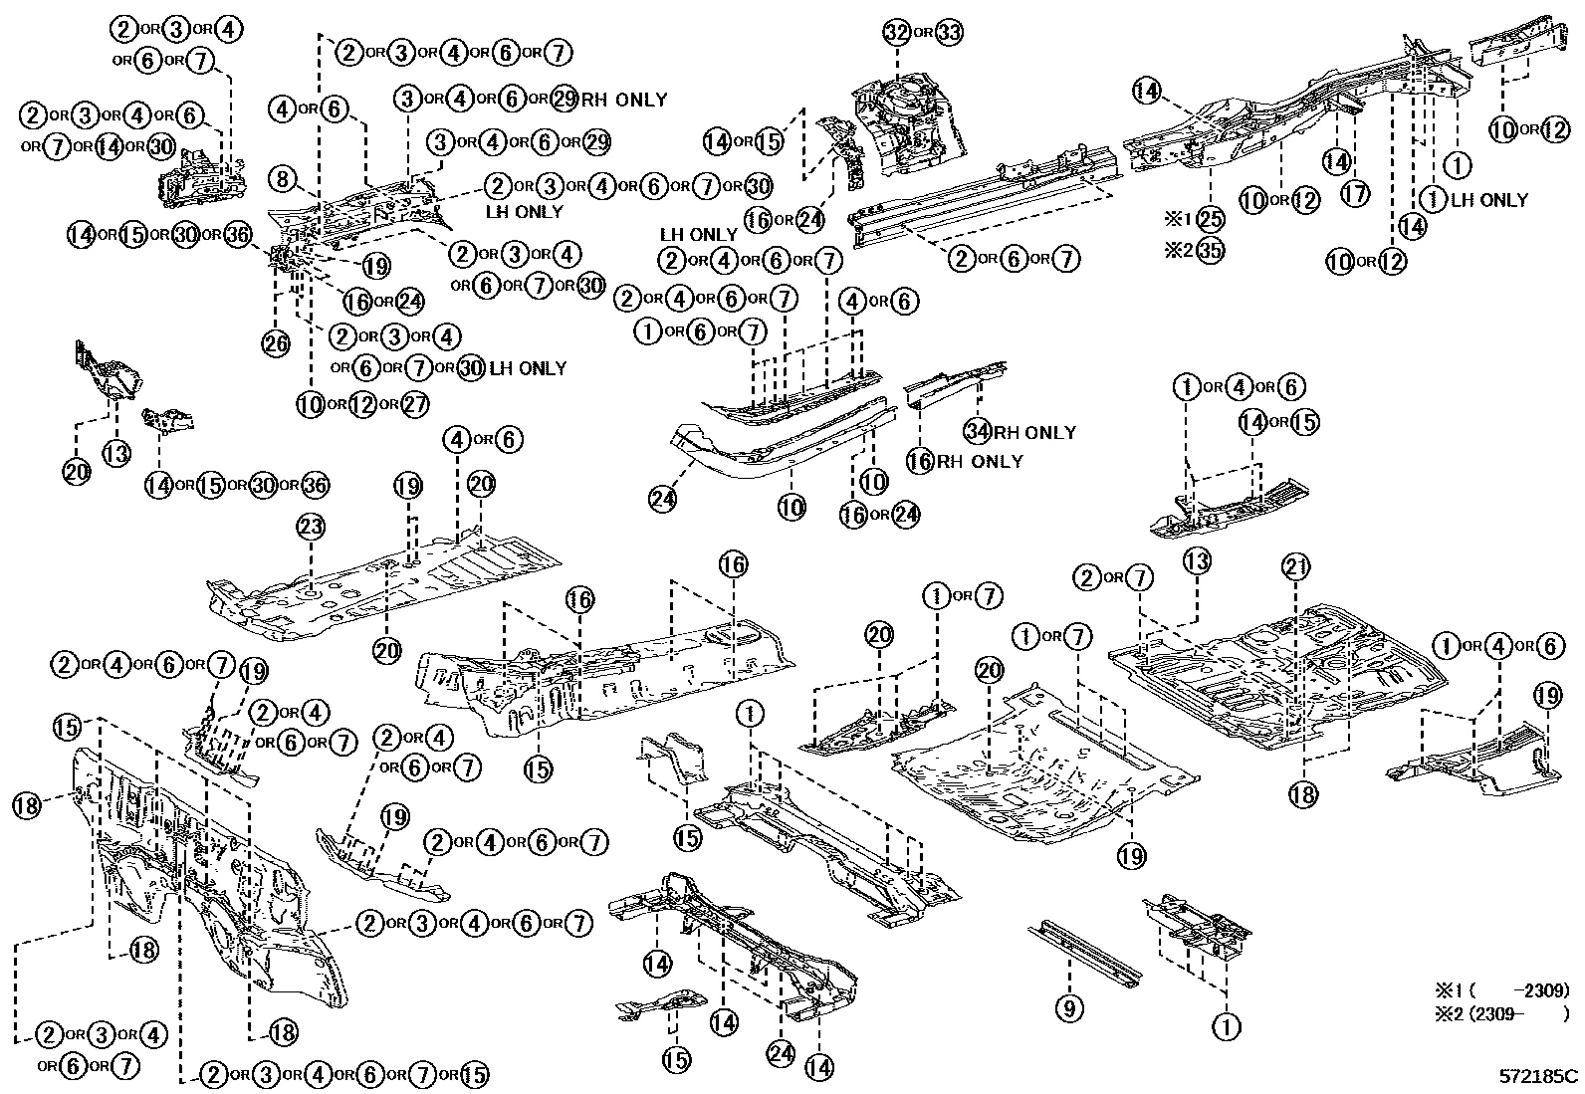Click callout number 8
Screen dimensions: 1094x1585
pyautogui.click(x=284, y=180)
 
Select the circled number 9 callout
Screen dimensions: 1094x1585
pyautogui.click(x=1068, y=1009)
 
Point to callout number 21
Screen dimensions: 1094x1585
pyautogui.click(x=1295, y=568)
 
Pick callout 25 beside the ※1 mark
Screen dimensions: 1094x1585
pyautogui.click(x=1210, y=218)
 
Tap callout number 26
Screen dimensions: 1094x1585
pyautogui.click(x=276, y=344)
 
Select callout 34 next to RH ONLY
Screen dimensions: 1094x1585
pyautogui.click(x=979, y=432)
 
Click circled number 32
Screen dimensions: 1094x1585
pyautogui.click(x=897, y=33)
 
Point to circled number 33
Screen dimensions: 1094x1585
pyautogui.click(x=950, y=33)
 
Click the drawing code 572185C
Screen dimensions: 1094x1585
pyautogui.click(x=1539, y=1076)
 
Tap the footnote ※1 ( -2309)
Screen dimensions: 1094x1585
pyautogui.click(x=1500, y=990)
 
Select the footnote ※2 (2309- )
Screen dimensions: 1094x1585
pyautogui.click(x=1500, y=1013)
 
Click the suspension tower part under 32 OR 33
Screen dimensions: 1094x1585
pyautogui.click(x=908, y=124)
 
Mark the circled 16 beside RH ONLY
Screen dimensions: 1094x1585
pyautogui.click(x=921, y=461)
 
